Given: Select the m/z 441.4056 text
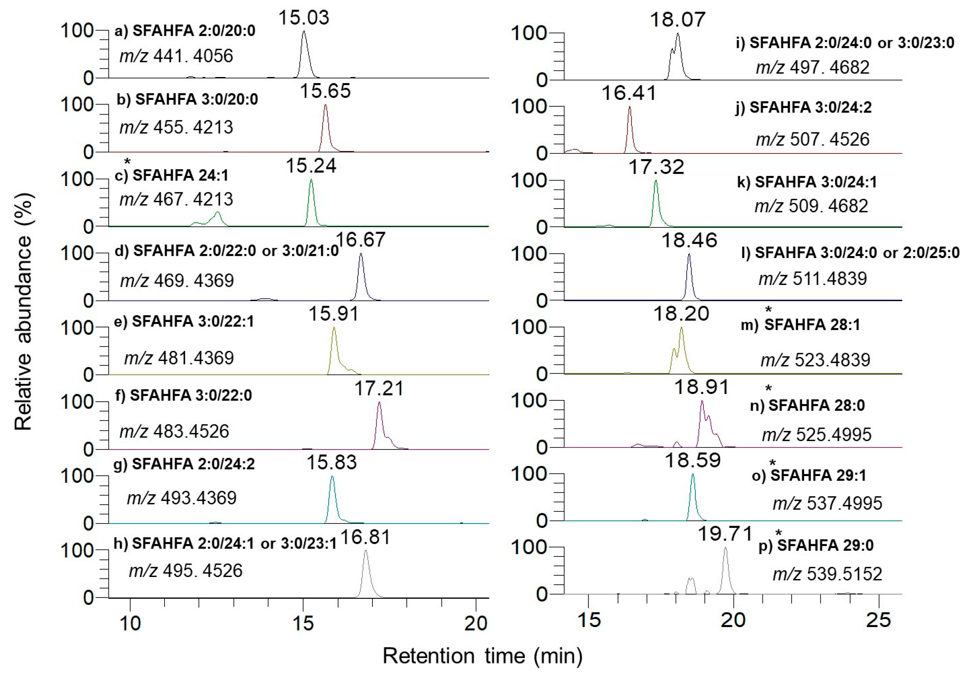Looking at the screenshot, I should click(x=176, y=56).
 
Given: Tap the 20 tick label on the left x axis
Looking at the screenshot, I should click(x=476, y=624).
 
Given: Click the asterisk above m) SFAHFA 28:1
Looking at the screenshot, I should click(x=768, y=310).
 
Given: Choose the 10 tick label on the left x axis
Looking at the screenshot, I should click(x=130, y=624).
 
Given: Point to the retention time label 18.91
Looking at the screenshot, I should click(x=702, y=387).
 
